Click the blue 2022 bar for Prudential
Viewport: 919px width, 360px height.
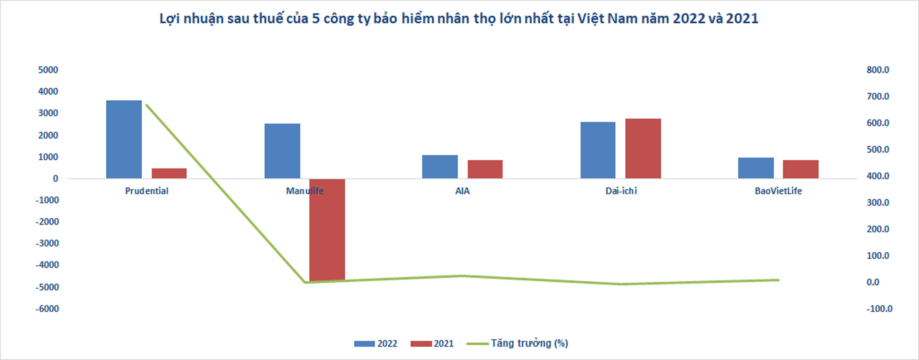pyautogui.click(x=124, y=139)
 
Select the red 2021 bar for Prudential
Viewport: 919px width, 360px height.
pyautogui.click(x=169, y=173)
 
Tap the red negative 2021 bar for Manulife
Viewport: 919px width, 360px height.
pyautogui.click(x=327, y=230)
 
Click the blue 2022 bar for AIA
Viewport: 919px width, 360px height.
pyautogui.click(x=440, y=167)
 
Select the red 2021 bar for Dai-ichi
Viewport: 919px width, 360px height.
pyautogui.click(x=643, y=148)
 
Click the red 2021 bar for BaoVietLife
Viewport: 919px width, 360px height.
pyautogui.click(x=801, y=169)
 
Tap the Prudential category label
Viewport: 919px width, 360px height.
pyautogui.click(x=147, y=191)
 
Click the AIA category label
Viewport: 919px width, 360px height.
pyautogui.click(x=462, y=191)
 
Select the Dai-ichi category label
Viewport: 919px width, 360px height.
pyautogui.click(x=621, y=191)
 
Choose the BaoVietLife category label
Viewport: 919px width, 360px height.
pyautogui.click(x=778, y=191)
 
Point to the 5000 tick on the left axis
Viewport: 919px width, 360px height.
pyautogui.click(x=48, y=70)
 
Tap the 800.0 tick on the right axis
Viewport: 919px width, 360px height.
pyautogui.click(x=878, y=70)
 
